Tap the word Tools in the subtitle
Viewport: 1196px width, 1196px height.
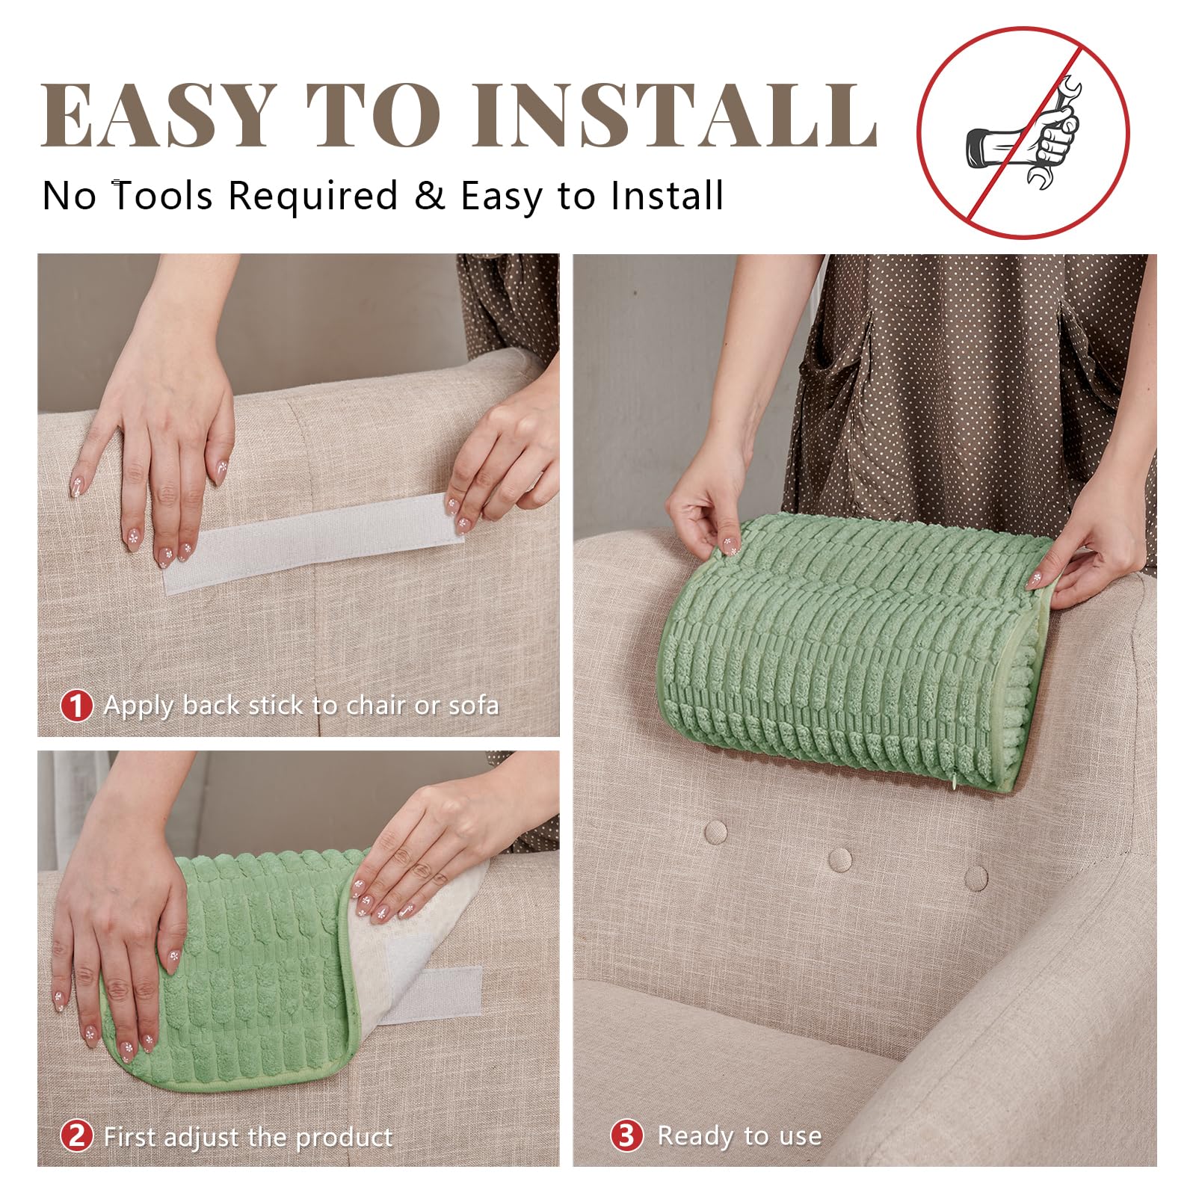163,196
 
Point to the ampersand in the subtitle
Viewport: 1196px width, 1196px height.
430,196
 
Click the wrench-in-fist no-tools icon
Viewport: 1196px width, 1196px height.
1023,133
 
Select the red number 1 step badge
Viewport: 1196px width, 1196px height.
76,706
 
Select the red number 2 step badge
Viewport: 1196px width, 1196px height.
76,1136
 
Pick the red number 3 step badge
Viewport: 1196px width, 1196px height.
626,1135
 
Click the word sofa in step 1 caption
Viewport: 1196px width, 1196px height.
473,705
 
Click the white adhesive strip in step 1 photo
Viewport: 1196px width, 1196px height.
314,542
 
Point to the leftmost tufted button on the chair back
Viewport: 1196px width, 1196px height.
715,830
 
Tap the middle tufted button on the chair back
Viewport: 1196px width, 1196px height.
840,858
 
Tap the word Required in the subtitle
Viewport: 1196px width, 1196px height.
312,197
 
